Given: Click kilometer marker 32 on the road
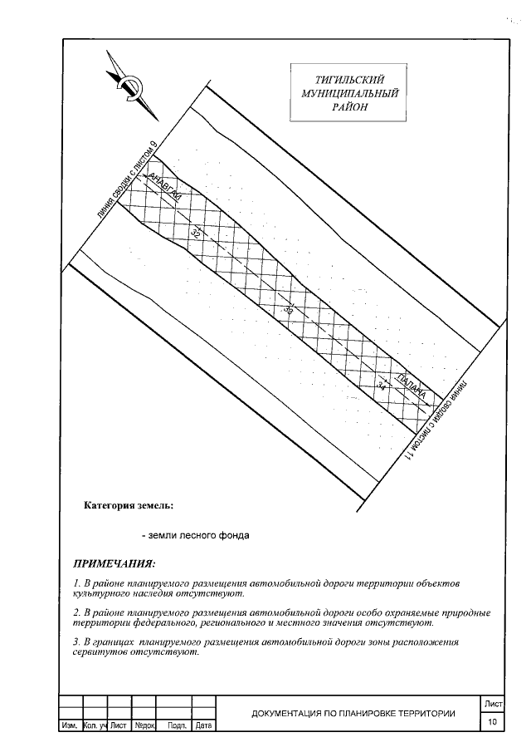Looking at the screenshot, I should point(197,233).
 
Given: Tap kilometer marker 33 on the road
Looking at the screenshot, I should point(288,307).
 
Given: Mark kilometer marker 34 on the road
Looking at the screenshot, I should point(381,384).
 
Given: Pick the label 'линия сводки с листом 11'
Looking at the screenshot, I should point(436,423).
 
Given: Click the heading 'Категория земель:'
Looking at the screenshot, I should point(129,504).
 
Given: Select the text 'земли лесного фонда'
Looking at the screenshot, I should point(196,535).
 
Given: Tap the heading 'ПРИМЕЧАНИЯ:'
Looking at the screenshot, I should point(114,563).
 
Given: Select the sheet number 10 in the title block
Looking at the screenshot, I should point(494,722).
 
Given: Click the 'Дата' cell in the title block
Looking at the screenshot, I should point(203,726).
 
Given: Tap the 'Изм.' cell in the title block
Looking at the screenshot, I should point(69,726).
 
